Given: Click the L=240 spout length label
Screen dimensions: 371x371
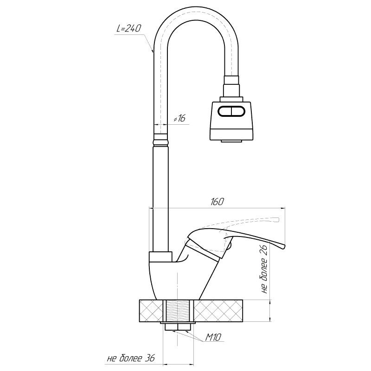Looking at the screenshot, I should [128, 28].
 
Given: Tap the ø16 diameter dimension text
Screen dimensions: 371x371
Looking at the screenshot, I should [179, 119].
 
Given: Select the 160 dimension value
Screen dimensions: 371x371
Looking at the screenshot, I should [217, 202].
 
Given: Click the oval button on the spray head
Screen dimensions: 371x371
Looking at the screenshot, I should [232, 112].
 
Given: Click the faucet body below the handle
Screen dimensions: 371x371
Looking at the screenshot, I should [181, 278].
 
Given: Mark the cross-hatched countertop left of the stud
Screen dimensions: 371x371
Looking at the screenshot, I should [151, 311].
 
